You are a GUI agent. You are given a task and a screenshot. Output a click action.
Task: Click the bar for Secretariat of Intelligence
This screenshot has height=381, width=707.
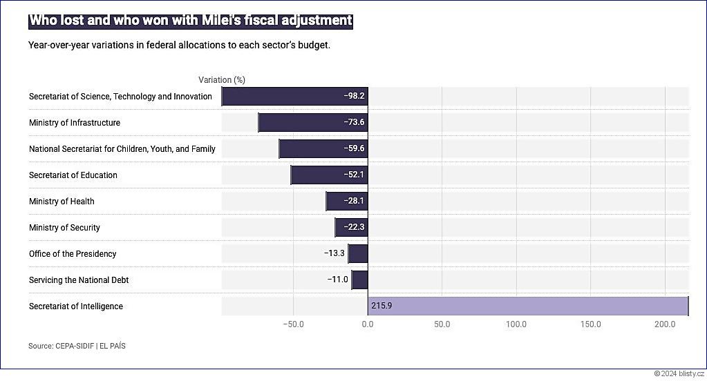point(528,306)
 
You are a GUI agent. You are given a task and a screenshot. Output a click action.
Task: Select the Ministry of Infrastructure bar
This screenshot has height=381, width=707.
point(312,123)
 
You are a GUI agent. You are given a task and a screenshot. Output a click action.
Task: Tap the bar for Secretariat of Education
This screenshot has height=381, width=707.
point(329,175)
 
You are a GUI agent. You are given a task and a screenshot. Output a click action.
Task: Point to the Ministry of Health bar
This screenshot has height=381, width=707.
point(347,202)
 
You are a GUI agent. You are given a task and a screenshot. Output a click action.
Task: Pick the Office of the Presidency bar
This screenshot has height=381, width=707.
point(358,254)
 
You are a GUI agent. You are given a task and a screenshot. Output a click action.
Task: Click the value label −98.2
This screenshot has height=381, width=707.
point(354,97)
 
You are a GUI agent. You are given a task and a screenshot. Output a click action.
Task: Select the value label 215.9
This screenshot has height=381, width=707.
point(381,306)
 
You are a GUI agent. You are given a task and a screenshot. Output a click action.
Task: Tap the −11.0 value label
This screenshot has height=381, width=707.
point(338,280)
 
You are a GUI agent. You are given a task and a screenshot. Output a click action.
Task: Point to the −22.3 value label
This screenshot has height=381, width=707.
point(354,228)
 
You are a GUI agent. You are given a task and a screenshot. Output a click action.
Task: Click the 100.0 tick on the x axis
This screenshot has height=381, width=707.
point(516,324)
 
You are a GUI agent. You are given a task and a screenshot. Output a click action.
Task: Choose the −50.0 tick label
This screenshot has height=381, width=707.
point(293,324)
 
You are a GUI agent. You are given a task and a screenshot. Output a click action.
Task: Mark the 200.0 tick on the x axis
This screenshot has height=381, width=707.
point(665,324)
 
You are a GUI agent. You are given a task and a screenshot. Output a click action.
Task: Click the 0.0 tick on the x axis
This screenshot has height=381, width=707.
point(368,324)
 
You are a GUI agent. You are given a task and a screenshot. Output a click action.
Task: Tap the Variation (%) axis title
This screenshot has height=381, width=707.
point(222,80)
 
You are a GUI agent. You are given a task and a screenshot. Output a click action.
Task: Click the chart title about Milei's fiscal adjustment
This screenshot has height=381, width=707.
point(191,21)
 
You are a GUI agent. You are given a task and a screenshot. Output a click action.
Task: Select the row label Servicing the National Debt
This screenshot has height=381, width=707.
point(79,280)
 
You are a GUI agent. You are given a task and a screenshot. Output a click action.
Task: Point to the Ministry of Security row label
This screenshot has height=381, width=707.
point(64,228)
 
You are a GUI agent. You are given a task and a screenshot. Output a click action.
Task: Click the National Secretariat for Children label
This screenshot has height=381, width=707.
point(122,149)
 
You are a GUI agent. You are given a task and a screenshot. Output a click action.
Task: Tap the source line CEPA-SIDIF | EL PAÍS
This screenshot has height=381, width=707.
point(77,346)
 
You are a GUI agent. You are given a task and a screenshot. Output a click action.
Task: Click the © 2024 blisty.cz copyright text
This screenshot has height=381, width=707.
point(679,373)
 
